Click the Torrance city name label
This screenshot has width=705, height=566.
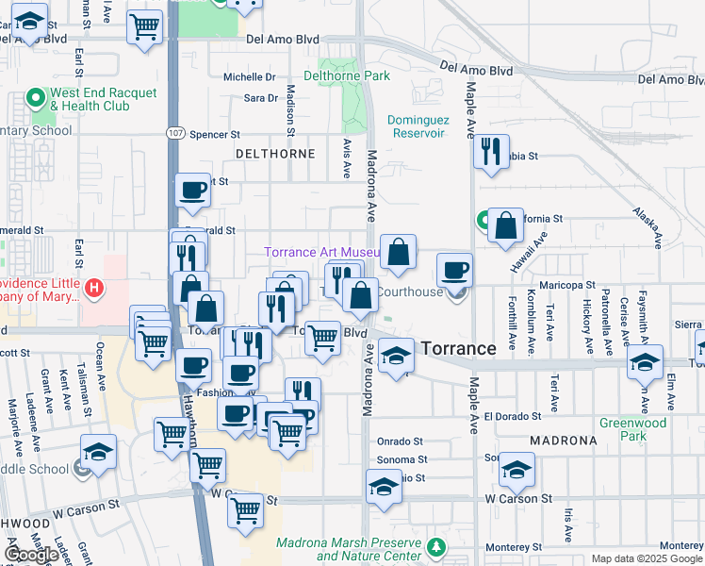[x=458, y=348]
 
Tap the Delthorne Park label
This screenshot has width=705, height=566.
[x=347, y=75]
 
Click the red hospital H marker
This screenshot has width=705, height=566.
[x=93, y=289]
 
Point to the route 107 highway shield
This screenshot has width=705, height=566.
[x=175, y=134]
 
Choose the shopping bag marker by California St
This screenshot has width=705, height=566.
[x=506, y=225]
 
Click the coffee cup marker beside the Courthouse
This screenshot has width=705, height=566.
[x=454, y=269]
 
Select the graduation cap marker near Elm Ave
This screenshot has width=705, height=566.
[x=645, y=362]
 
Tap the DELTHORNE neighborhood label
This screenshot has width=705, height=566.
[x=274, y=153]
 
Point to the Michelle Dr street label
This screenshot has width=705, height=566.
[x=249, y=77]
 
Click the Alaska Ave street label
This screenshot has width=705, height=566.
[x=651, y=225]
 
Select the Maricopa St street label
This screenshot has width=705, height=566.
[x=566, y=284]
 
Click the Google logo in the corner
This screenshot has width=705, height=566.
[x=32, y=555]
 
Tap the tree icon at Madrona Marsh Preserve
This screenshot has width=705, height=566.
[x=435, y=547]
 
